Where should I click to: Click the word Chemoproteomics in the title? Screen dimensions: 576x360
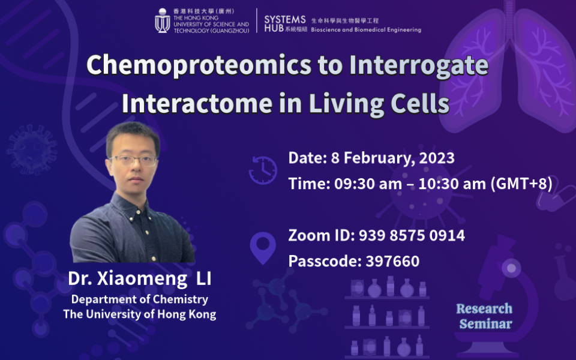(x=199, y=65)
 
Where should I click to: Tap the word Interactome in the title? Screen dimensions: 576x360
(x=197, y=104)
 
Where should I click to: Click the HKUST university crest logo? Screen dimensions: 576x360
(x=163, y=20)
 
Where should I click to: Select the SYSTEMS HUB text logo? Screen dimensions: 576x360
(x=286, y=23)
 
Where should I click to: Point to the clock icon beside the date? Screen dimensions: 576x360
(x=263, y=170)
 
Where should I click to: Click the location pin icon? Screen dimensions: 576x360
(x=263, y=248)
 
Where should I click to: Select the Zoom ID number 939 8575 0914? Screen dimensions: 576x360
(x=412, y=235)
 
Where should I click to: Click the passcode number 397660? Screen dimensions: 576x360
(x=392, y=261)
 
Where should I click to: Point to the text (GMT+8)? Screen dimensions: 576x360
(x=521, y=184)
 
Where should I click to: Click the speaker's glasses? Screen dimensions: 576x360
(x=134, y=160)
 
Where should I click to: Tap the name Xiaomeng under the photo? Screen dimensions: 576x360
(x=142, y=279)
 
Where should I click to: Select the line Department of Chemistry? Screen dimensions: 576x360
(x=140, y=299)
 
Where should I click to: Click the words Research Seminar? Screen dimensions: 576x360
(x=485, y=316)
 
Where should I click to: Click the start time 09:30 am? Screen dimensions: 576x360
(x=368, y=184)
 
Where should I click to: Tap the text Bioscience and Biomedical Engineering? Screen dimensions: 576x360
(x=366, y=30)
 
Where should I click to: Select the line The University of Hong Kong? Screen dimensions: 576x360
(x=140, y=314)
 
